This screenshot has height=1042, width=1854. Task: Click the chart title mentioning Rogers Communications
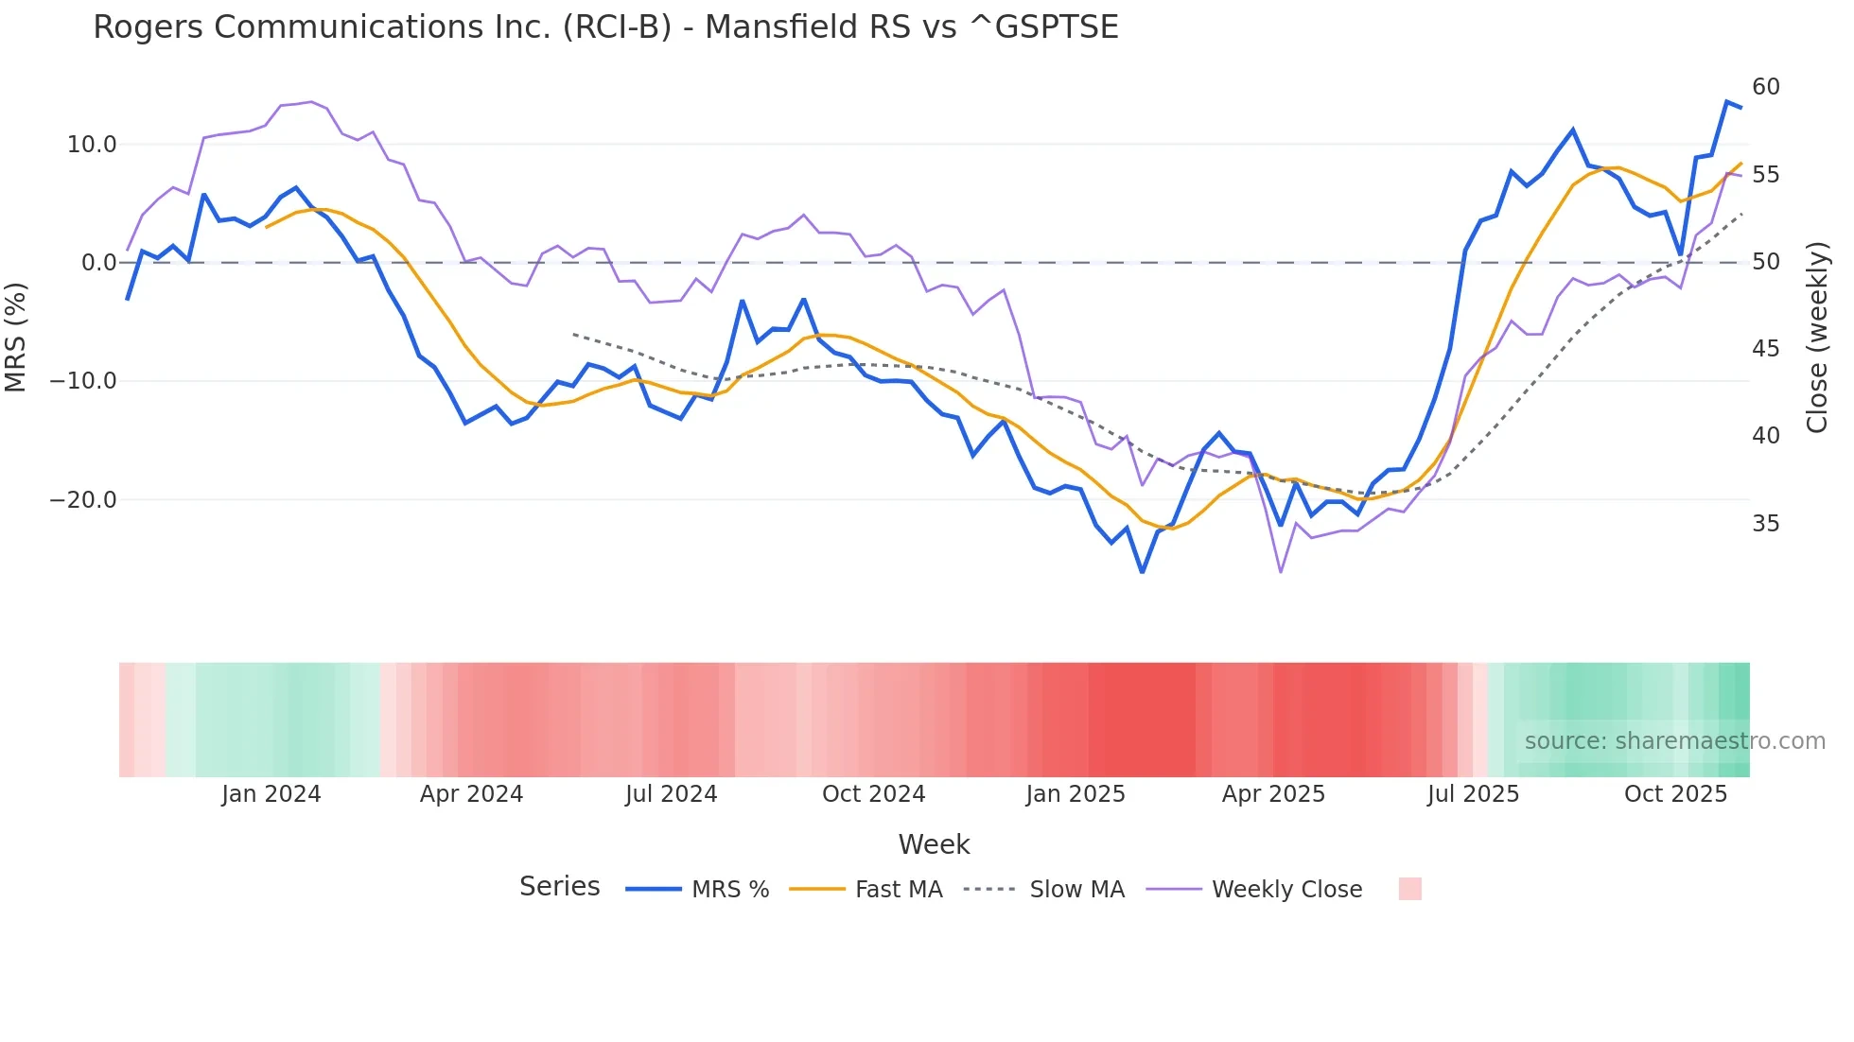[605, 26]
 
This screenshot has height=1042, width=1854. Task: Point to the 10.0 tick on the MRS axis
[92, 145]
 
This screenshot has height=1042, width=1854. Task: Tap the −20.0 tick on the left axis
[83, 500]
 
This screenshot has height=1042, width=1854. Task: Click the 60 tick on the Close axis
[1765, 87]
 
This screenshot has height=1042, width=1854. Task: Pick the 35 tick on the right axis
[1765, 524]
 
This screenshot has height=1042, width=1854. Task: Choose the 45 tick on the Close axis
[1765, 349]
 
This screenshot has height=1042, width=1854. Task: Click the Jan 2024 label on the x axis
[271, 794]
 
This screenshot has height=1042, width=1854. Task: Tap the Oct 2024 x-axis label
[873, 794]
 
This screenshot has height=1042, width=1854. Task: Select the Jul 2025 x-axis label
[1473, 794]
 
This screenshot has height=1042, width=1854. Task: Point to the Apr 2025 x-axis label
[1273, 794]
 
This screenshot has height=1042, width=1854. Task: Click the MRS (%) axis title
[16, 337]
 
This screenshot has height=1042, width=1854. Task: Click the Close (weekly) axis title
[1817, 338]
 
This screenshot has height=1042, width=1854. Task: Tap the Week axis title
[934, 844]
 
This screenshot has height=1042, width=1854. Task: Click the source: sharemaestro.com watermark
[1674, 741]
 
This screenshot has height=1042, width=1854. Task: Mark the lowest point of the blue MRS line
[1142, 572]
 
